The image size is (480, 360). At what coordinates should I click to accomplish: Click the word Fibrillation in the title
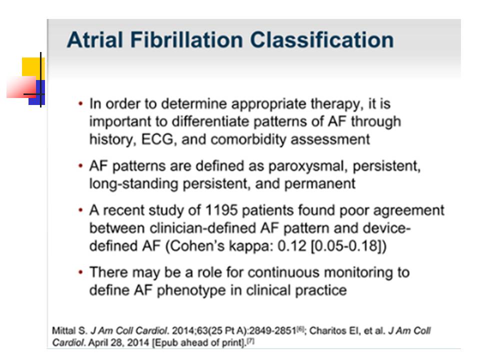click(x=186, y=40)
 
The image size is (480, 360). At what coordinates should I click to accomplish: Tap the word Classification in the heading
click(x=321, y=40)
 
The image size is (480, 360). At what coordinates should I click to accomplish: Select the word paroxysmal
click(x=308, y=166)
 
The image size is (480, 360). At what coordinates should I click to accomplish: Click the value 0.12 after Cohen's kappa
click(x=291, y=246)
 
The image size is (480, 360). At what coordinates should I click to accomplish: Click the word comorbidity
click(x=248, y=139)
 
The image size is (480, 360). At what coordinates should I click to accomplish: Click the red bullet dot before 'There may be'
click(x=80, y=272)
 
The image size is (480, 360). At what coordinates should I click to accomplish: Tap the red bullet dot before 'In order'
click(x=80, y=104)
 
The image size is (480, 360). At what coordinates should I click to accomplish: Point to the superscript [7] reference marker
click(x=250, y=340)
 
